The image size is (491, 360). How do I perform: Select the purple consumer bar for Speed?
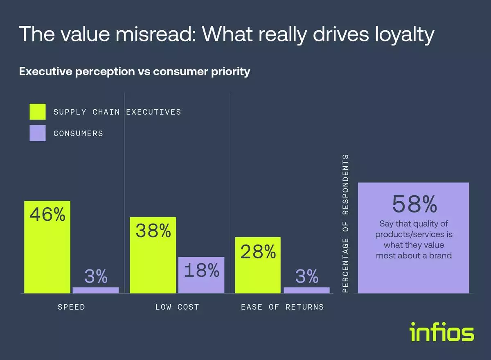pyautogui.click(x=95, y=290)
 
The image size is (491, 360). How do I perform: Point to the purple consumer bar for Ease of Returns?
pyautogui.click(x=306, y=290)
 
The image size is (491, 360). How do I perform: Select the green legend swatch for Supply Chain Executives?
pyautogui.click(x=38, y=112)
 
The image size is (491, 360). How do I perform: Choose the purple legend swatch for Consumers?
pyautogui.click(x=38, y=133)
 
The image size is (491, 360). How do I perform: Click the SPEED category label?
pyautogui.click(x=72, y=307)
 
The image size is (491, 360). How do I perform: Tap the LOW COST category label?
pyautogui.click(x=177, y=307)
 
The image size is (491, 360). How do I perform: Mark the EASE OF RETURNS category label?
pyautogui.click(x=282, y=307)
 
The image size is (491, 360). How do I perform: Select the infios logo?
pyautogui.click(x=441, y=332)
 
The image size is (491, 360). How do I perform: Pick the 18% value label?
pyautogui.click(x=201, y=270)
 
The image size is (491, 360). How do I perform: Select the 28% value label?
pyautogui.click(x=258, y=252)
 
